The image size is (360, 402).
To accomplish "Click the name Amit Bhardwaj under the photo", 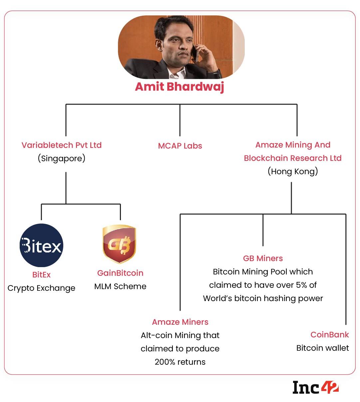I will pyautogui.click(x=180, y=87).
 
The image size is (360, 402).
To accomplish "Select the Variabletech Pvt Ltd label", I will pyautogui.click(x=62, y=145).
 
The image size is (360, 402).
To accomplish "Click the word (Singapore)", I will pyautogui.click(x=62, y=158).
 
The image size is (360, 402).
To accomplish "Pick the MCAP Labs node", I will pyautogui.click(x=180, y=146).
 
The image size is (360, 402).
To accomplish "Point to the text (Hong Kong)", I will pyautogui.click(x=293, y=172).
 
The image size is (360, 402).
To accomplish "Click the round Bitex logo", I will pyautogui.click(x=41, y=245).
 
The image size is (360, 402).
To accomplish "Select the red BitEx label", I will pyautogui.click(x=41, y=275).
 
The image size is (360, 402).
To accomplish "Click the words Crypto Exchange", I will pyautogui.click(x=41, y=288).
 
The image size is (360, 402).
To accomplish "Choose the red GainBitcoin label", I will pyautogui.click(x=120, y=273).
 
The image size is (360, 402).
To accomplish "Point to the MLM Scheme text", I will pyautogui.click(x=120, y=286).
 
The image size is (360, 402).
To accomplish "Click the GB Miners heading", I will pyautogui.click(x=263, y=258).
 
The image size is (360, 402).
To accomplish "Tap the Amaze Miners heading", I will pyautogui.click(x=180, y=322).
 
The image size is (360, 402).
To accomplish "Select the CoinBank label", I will pyautogui.click(x=329, y=335).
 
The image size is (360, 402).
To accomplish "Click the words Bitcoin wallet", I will pyautogui.click(x=323, y=348).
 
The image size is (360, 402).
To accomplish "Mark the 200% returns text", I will pyautogui.click(x=180, y=362).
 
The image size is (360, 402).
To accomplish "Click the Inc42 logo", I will pyautogui.click(x=315, y=387).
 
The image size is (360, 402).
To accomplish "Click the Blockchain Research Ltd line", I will pyautogui.click(x=293, y=158).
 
